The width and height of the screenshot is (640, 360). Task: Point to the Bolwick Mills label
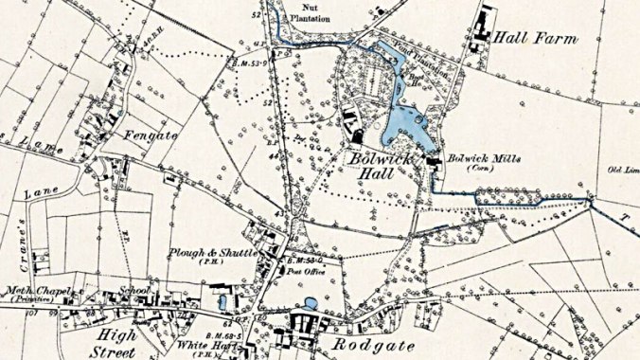[x=484, y=158]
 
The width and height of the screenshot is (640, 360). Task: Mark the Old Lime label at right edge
[x=620, y=171]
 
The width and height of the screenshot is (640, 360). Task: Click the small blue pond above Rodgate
[x=311, y=305]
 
